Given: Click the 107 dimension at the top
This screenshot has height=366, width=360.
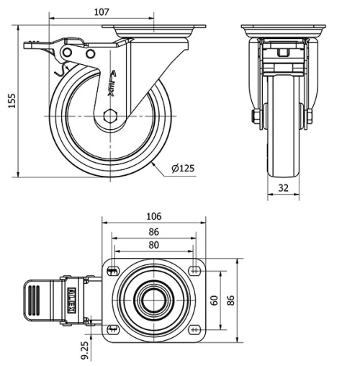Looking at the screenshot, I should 101,12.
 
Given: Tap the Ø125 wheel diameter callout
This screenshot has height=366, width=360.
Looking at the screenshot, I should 183,169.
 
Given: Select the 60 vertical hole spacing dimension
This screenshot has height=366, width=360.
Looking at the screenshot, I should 213,300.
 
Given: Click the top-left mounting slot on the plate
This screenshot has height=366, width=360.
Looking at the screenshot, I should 113,271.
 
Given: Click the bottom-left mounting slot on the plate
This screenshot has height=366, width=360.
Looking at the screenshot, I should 113,329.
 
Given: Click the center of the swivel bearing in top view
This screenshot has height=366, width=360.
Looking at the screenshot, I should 153,300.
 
